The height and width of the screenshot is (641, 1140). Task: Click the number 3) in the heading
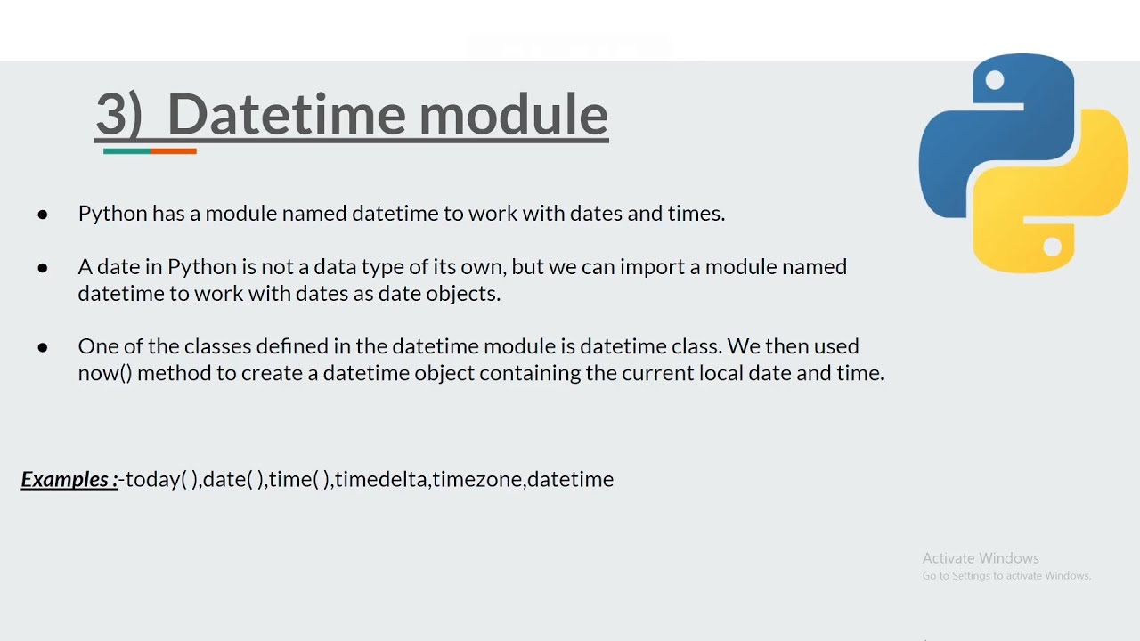pyautogui.click(x=118, y=115)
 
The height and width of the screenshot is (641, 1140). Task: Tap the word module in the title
pyautogui.click(x=514, y=115)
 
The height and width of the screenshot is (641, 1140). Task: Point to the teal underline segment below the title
pyautogui.click(x=126, y=151)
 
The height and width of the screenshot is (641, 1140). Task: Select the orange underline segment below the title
pyautogui.click(x=174, y=151)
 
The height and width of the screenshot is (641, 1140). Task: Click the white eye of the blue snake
pyautogui.click(x=995, y=81)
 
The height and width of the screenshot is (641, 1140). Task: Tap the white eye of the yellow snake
pyautogui.click(x=1052, y=247)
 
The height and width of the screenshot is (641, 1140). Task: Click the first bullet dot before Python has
pyautogui.click(x=43, y=214)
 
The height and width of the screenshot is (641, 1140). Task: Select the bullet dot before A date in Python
pyautogui.click(x=43, y=267)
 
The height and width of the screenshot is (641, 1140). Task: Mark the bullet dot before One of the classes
pyautogui.click(x=43, y=346)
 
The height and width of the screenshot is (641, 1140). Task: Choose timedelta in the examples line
pyautogui.click(x=382, y=479)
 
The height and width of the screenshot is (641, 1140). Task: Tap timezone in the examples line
pyautogui.click(x=478, y=479)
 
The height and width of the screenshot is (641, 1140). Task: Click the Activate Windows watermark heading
pyautogui.click(x=981, y=558)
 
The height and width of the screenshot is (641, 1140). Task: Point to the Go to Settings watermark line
pyautogui.click(x=1006, y=576)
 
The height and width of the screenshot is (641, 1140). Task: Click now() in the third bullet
pyautogui.click(x=104, y=373)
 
